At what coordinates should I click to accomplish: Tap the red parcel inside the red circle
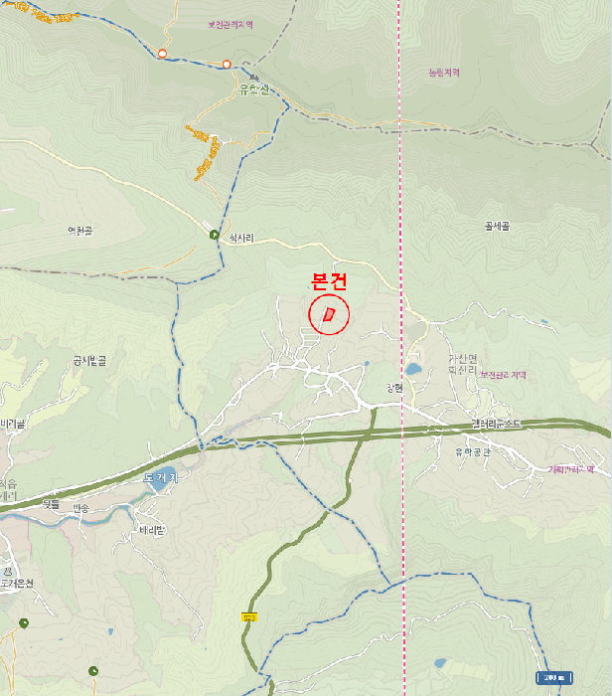[x=329, y=315]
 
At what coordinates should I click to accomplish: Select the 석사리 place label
[x=241, y=239]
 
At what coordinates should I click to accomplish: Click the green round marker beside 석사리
[x=215, y=235]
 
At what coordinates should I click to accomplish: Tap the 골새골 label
[x=497, y=226]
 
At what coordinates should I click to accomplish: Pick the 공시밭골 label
[x=89, y=360]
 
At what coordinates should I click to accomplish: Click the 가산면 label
[x=462, y=359]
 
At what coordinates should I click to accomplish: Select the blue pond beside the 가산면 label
[x=412, y=369]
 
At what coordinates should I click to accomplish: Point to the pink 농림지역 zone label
[x=444, y=73]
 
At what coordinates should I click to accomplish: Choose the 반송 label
[x=80, y=508]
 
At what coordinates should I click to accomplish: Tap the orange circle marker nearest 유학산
[x=227, y=65]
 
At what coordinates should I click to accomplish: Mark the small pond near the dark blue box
[x=440, y=663]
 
